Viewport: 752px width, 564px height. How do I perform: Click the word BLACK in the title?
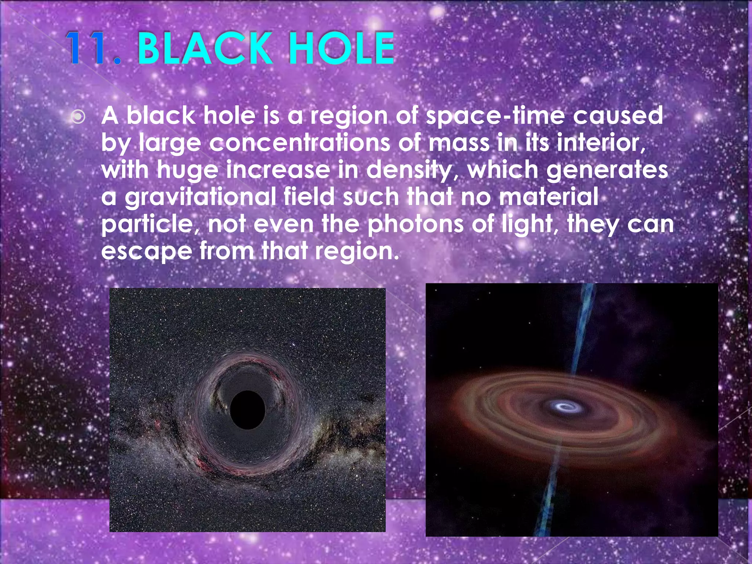(x=204, y=48)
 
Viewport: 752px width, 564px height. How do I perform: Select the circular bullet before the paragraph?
(x=78, y=117)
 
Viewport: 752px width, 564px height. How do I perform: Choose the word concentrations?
(x=299, y=143)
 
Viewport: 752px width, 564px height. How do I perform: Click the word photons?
(x=415, y=224)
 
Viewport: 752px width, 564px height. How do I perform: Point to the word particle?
(x=150, y=224)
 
